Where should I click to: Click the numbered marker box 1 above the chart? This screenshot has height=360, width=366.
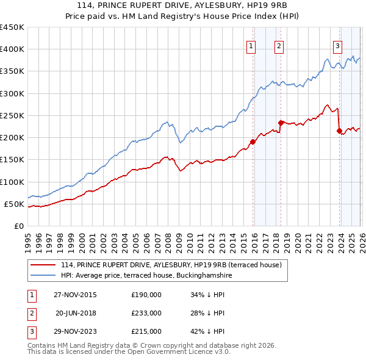(252, 45)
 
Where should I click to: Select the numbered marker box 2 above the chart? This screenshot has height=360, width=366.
(279, 45)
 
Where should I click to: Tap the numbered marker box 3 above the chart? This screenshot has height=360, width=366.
(337, 45)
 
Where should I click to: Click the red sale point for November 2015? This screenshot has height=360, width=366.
(253, 142)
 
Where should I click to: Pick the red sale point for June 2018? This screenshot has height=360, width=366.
(280, 123)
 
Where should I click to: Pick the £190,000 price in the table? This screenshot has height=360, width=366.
(146, 295)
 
